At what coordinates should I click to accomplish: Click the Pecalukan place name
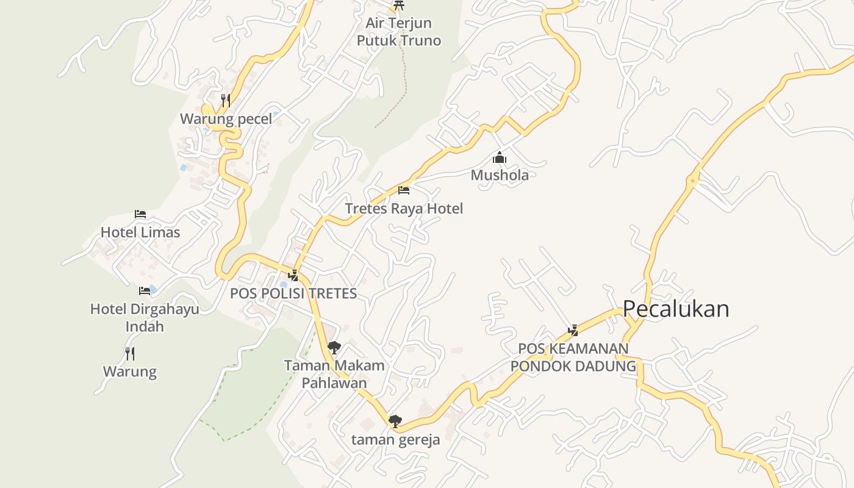pyautogui.click(x=675, y=309)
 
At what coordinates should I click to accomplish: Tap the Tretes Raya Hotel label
pyautogui.click(x=404, y=209)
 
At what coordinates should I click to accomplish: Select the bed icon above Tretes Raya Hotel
pyautogui.click(x=404, y=190)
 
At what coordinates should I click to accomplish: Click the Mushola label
pyautogui.click(x=500, y=176)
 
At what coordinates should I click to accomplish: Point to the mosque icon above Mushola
pyautogui.click(x=500, y=158)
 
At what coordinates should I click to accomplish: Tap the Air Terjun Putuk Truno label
pyautogui.click(x=399, y=32)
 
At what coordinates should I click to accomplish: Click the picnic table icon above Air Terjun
pyautogui.click(x=399, y=5)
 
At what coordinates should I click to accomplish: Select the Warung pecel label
pyautogui.click(x=226, y=119)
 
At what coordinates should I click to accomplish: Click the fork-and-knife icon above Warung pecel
pyautogui.click(x=226, y=101)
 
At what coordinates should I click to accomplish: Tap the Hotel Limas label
pyautogui.click(x=140, y=232)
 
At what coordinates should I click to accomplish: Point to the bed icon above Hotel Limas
pyautogui.click(x=140, y=214)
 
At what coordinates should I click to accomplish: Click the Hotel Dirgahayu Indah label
pyautogui.click(x=145, y=317)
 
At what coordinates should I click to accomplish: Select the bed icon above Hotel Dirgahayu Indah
pyautogui.click(x=145, y=291)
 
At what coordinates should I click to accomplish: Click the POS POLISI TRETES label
pyautogui.click(x=293, y=293)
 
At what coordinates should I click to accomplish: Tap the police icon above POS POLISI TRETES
pyautogui.click(x=293, y=275)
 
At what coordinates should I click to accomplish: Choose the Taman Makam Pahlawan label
pyautogui.click(x=334, y=374)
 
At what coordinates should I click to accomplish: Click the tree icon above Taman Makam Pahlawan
pyautogui.click(x=334, y=348)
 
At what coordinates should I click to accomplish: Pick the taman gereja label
pyautogui.click(x=395, y=440)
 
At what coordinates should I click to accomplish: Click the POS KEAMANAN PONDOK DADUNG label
pyautogui.click(x=573, y=357)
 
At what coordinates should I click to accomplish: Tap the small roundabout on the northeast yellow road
pyautogui.click(x=693, y=181)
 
